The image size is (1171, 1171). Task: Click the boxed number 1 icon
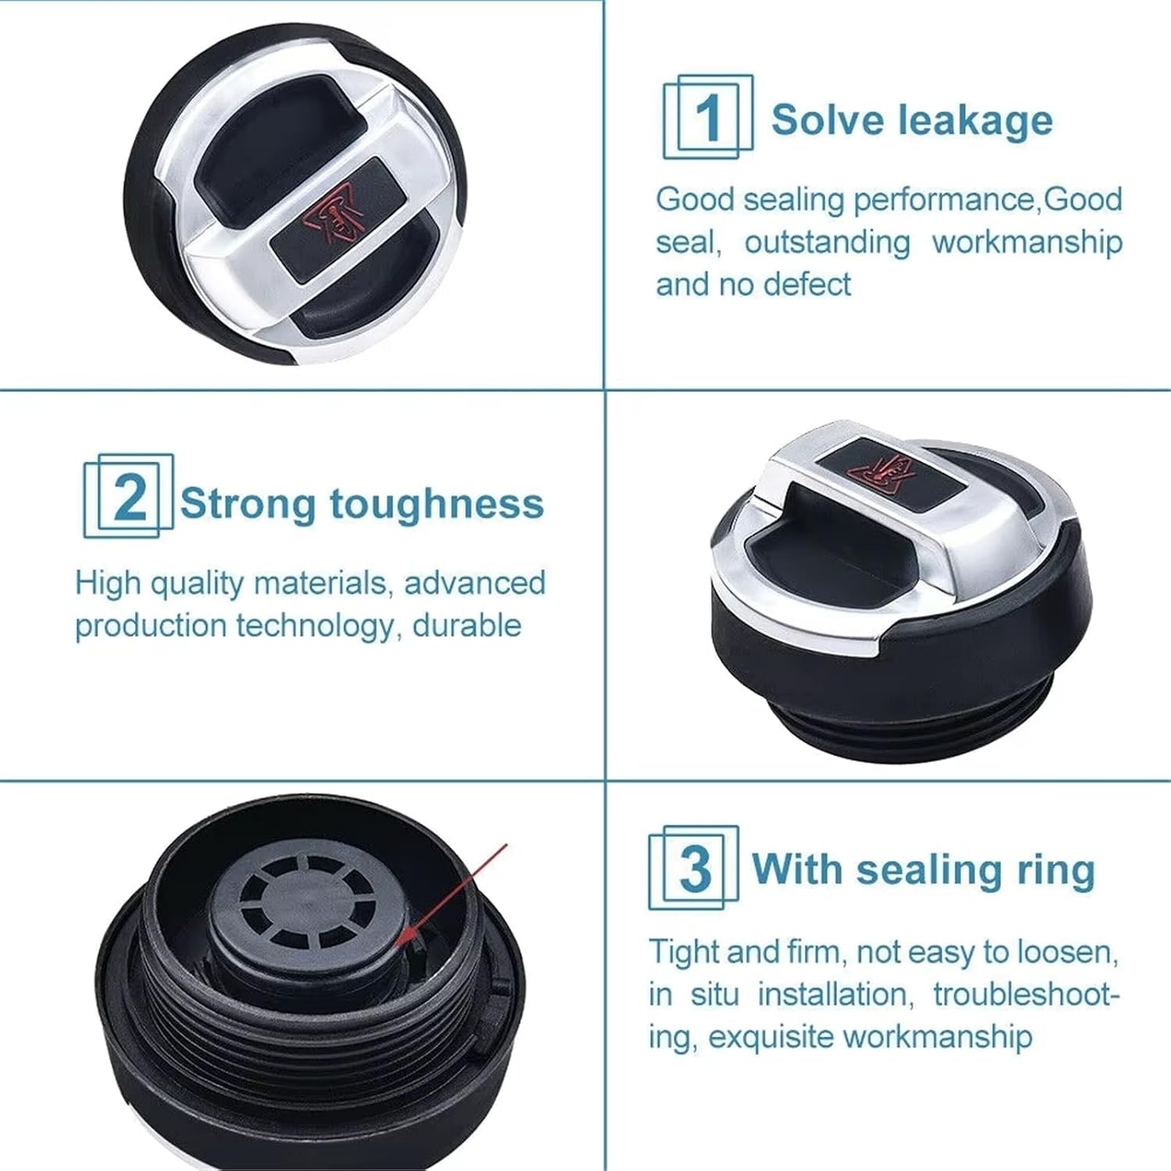point(708,116)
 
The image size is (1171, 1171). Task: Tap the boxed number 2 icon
point(129,496)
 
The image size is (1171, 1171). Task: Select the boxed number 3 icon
point(694,867)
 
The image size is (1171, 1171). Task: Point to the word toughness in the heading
point(436,504)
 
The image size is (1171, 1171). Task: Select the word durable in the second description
point(466,625)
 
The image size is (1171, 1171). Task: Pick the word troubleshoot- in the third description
point(1027,994)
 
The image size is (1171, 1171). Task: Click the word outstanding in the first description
point(827,242)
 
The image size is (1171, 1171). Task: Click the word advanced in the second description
point(475,582)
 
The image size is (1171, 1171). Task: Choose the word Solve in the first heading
point(828,120)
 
